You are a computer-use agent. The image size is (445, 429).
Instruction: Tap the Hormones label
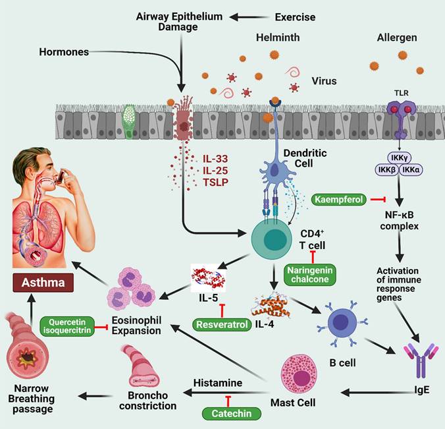pos(63,51)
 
